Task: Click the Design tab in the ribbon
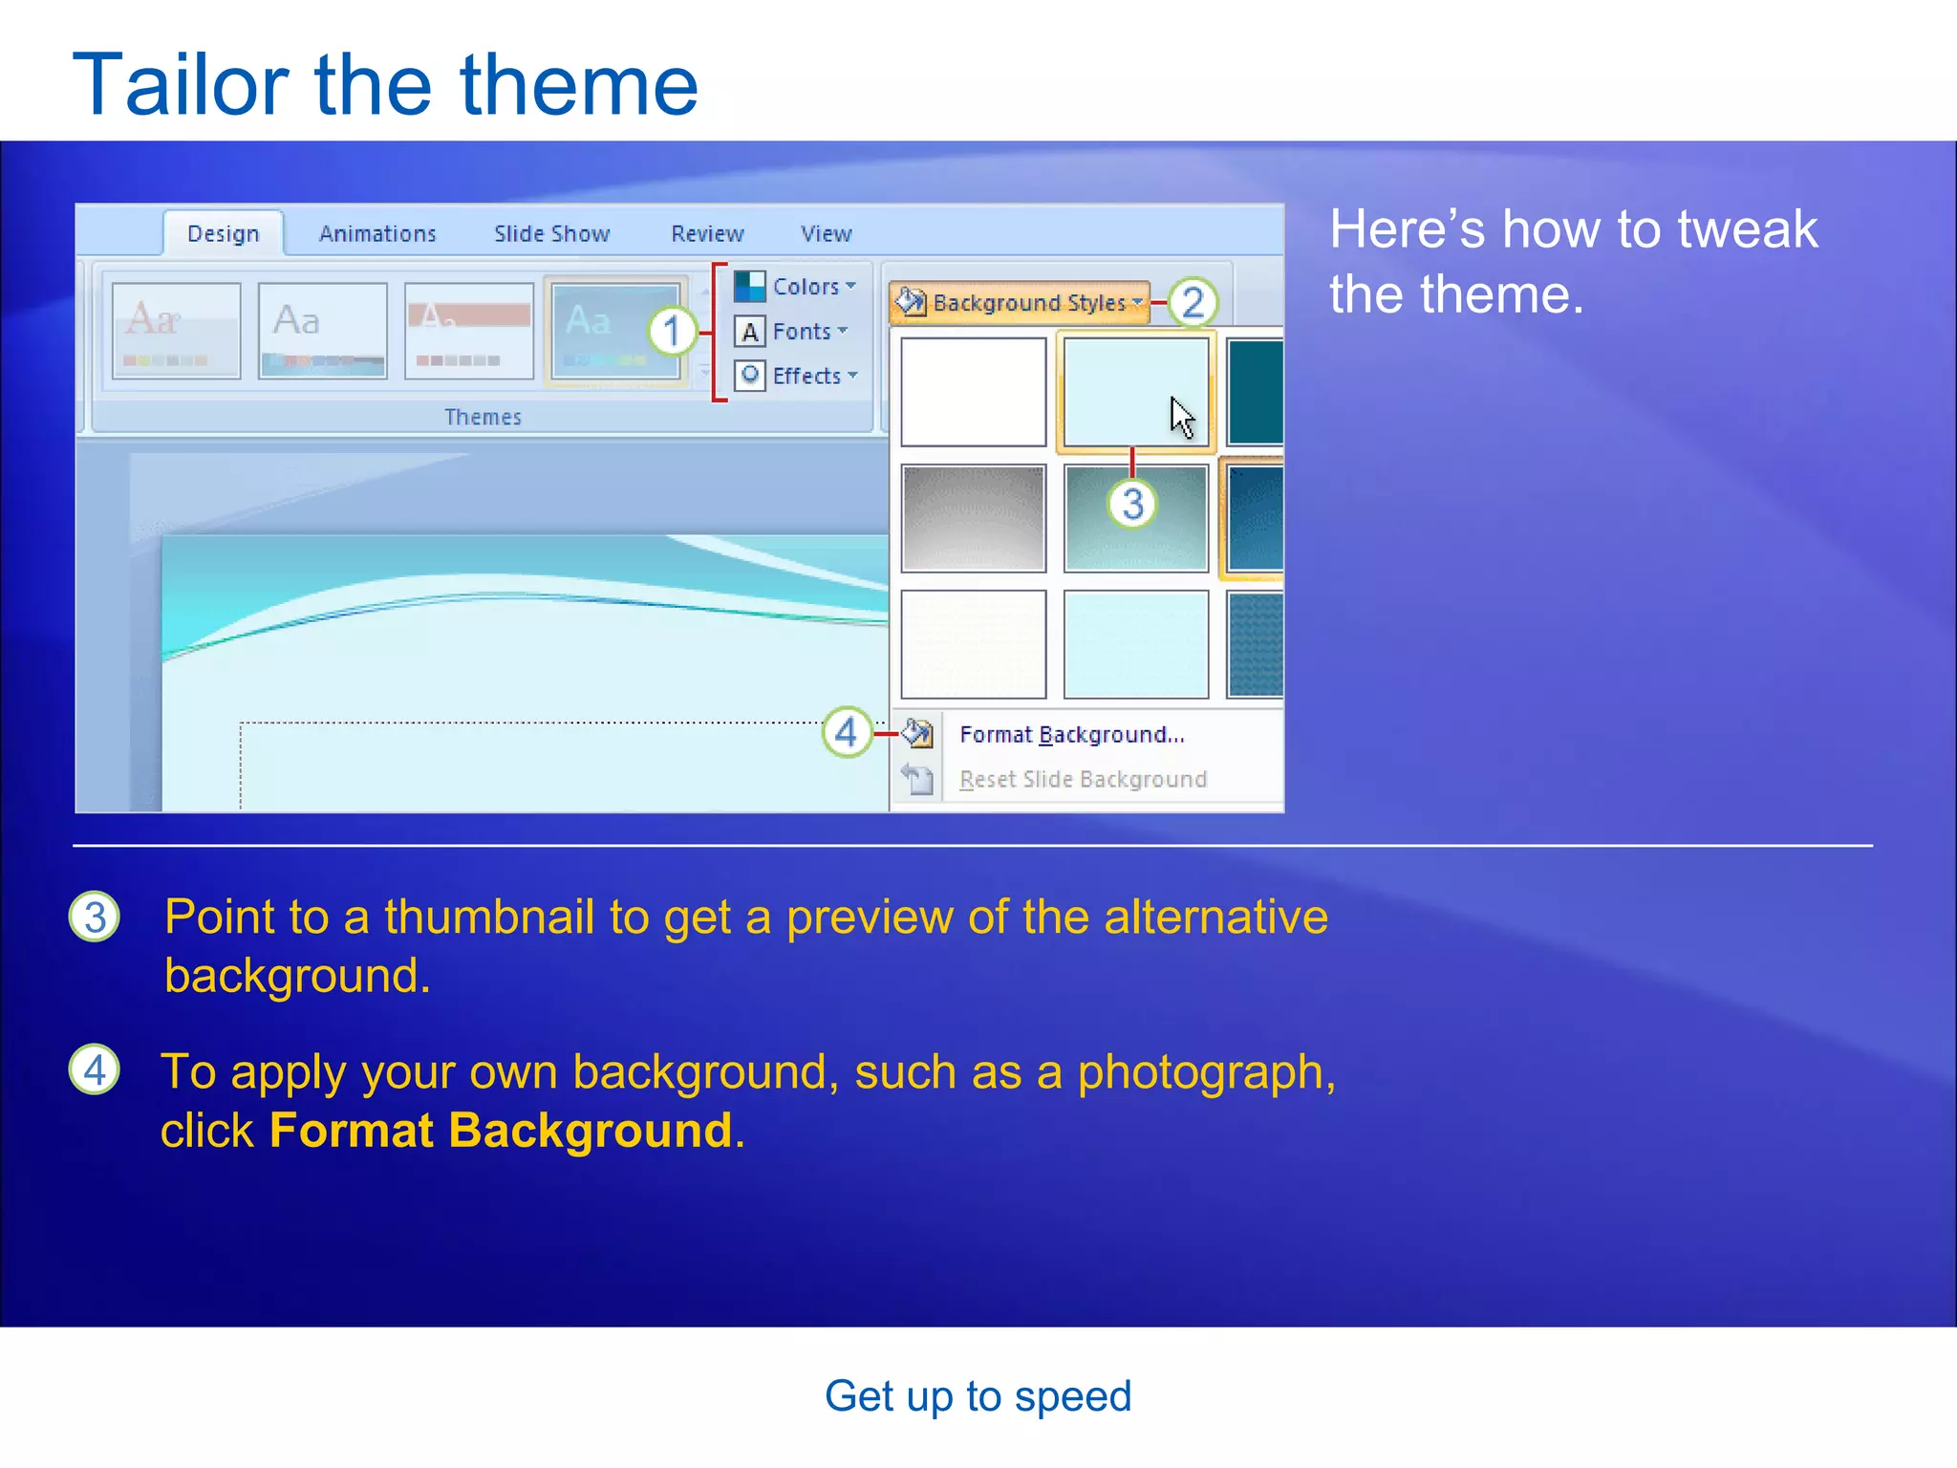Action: (223, 234)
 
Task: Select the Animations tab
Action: (377, 234)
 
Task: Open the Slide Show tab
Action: (551, 234)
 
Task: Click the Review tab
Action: (707, 234)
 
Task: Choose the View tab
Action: (826, 234)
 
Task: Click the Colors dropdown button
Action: (796, 286)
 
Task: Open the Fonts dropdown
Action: (792, 332)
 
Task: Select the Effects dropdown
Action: (797, 376)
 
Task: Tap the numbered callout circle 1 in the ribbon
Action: (673, 332)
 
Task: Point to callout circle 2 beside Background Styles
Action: (1193, 302)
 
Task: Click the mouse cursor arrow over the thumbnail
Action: (1182, 418)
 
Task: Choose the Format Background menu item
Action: (1071, 734)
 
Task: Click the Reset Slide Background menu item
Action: (1082, 779)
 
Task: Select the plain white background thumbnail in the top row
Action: (973, 391)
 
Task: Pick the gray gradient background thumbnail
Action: (973, 518)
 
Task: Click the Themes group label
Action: (483, 417)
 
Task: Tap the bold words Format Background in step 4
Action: (501, 1130)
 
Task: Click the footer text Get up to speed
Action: (978, 1396)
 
